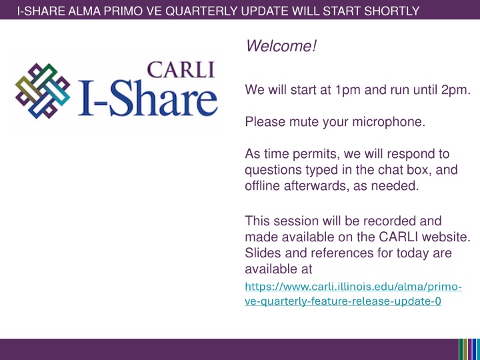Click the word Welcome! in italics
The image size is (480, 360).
pos(281,46)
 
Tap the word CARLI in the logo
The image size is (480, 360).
pos(181,70)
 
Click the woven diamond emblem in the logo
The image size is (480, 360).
pos(43,91)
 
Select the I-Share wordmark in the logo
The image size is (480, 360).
pos(148,98)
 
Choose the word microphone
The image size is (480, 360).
pos(389,122)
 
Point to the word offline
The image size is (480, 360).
pos(263,186)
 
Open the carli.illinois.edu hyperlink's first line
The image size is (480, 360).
pos(353,287)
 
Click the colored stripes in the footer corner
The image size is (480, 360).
pos(469,349)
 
